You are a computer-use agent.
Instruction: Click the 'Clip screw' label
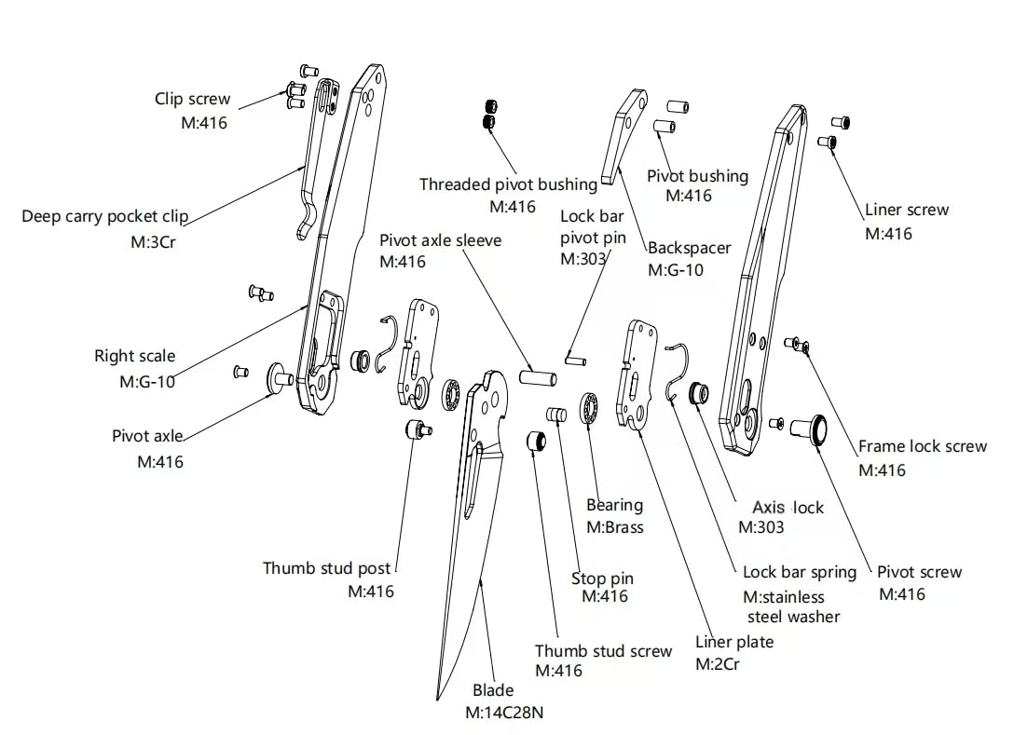click(x=192, y=99)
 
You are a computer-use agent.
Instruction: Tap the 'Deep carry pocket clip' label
click(x=104, y=216)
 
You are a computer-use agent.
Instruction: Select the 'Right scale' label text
click(x=134, y=356)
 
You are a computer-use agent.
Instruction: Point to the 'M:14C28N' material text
click(x=504, y=713)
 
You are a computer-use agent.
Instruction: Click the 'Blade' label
click(x=493, y=690)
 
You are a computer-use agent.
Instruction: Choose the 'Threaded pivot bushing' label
click(x=508, y=184)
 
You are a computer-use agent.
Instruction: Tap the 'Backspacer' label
click(x=690, y=248)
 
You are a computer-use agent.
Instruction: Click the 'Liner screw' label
click(x=907, y=211)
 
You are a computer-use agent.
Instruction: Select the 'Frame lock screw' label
click(x=922, y=447)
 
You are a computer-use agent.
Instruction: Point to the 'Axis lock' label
click(x=788, y=508)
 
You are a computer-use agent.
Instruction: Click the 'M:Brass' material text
click(x=615, y=527)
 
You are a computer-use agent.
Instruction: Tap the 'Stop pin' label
click(x=602, y=578)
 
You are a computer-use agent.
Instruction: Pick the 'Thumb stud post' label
click(x=326, y=569)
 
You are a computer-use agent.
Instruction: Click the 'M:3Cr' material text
click(x=153, y=242)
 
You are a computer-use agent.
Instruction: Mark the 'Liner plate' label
click(x=734, y=642)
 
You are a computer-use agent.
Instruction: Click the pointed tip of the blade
click(x=438, y=699)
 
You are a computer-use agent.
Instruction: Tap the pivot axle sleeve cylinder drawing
click(x=538, y=377)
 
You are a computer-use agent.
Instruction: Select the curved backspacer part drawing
click(x=624, y=136)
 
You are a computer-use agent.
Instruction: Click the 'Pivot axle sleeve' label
click(x=441, y=240)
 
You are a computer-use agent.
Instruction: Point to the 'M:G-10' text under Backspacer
click(x=676, y=270)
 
